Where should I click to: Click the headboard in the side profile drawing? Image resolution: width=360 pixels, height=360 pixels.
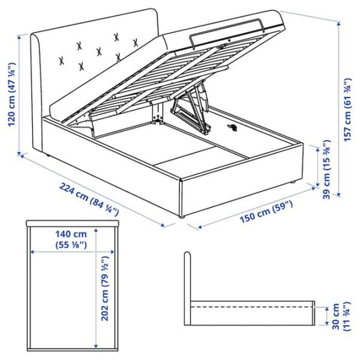[x=188, y=282]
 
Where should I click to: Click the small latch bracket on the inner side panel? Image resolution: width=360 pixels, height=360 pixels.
[x=233, y=127]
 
